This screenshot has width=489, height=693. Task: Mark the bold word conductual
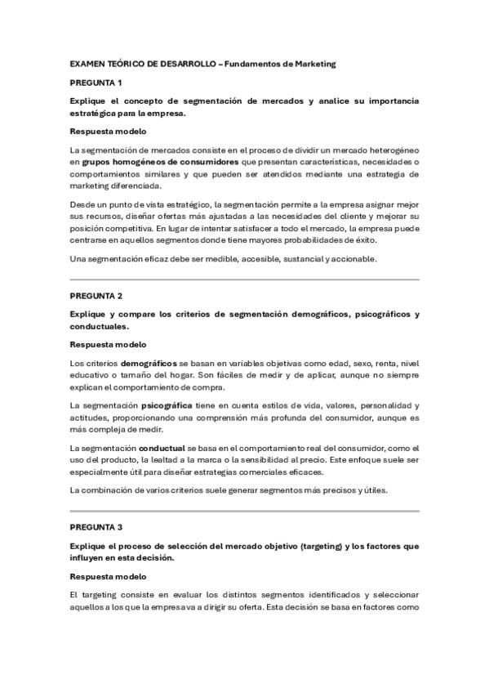coord(162,448)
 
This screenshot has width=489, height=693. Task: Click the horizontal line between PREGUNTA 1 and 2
coord(244,279)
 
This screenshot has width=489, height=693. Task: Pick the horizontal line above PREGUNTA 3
coord(244,512)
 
